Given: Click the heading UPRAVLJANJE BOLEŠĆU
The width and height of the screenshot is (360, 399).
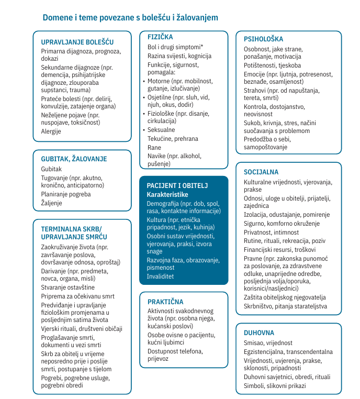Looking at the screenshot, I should point(77,42).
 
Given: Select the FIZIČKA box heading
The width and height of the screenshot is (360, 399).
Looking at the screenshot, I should point(160,37).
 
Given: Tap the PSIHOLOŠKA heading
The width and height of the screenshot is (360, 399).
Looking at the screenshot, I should point(263,39).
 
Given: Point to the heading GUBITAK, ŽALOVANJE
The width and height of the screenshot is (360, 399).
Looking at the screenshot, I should point(74,159).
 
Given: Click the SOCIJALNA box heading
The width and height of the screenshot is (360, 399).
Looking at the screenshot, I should point(261,172).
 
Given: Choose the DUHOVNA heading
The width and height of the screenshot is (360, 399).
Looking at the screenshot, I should point(258,332).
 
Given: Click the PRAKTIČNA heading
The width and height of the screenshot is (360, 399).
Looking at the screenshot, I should point(165,302).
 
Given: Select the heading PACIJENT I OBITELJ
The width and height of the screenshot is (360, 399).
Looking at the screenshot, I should point(177,186).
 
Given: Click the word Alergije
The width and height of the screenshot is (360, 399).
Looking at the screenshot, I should point(51,131).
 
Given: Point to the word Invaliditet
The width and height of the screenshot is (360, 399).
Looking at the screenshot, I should point(160,276).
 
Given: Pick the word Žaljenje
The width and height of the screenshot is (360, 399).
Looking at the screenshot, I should point(52,203).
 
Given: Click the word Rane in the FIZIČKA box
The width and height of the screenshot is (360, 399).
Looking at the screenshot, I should point(154,148).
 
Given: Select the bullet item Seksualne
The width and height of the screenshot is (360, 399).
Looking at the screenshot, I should point(161,129).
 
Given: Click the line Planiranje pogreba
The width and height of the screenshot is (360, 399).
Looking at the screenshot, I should point(66,194).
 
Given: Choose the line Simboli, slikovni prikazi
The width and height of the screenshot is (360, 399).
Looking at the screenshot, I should point(275,386).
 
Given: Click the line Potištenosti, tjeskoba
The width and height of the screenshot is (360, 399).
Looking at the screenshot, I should point(272,65).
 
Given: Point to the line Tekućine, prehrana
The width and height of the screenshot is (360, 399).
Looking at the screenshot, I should point(173,139).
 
